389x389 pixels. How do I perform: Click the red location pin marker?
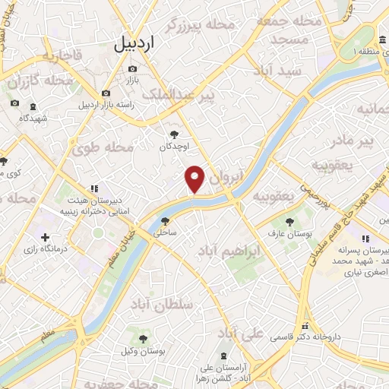[195, 179]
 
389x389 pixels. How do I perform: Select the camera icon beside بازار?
[132, 69]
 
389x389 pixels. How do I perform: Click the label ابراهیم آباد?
[229, 250]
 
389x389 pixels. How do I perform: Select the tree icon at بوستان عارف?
[289, 221]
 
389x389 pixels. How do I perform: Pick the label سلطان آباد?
[163, 304]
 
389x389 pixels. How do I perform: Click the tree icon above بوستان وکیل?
[140, 338]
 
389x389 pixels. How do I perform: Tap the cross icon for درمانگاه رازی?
[46, 238]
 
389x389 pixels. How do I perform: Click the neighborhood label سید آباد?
[281, 71]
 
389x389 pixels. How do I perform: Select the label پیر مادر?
[356, 141]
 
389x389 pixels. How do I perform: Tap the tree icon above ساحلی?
[165, 221]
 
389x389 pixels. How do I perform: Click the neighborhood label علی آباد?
[240, 333]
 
